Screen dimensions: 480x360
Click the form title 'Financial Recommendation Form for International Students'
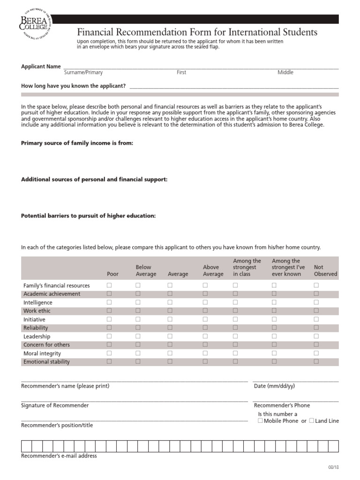197,32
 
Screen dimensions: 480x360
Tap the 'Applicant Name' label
41,67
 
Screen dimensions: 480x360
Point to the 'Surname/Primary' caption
83,73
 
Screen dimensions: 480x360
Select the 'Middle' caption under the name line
285,73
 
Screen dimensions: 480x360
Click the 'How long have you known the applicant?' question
73,86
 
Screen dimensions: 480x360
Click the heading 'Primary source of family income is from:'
77,143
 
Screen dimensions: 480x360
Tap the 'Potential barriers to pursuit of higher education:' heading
89,216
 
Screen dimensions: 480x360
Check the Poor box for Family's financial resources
109,285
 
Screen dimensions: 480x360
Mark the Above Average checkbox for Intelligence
205,302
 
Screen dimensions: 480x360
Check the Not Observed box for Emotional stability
316,361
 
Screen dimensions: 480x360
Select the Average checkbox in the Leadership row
170,336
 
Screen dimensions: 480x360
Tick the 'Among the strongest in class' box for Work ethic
235,311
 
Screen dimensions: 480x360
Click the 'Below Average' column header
146,270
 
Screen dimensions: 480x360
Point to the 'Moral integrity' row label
42,353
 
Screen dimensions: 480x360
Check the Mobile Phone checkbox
260,420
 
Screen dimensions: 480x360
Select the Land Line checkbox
312,420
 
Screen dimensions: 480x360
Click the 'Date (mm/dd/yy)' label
274,386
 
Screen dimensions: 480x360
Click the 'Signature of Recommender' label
55,405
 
